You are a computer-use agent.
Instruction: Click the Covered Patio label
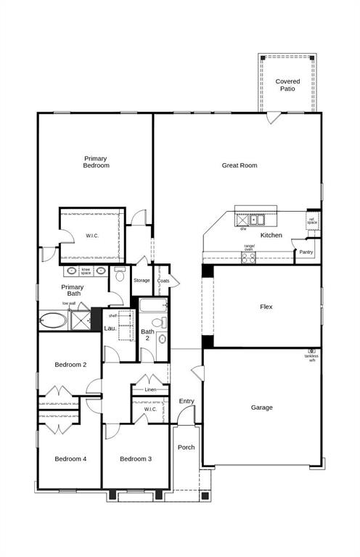pyautogui.click(x=288, y=86)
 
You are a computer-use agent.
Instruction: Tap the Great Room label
pyautogui.click(x=239, y=165)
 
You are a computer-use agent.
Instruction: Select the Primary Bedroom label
pyautogui.click(x=96, y=162)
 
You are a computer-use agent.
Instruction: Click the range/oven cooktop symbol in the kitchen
pyautogui.click(x=249, y=256)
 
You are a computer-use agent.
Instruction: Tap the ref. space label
pyautogui.click(x=312, y=221)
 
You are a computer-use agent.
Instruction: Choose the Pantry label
pyautogui.click(x=306, y=252)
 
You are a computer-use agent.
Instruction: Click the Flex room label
pyautogui.click(x=266, y=307)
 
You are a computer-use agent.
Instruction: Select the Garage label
pyautogui.click(x=261, y=408)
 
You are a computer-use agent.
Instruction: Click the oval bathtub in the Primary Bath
pyautogui.click(x=54, y=320)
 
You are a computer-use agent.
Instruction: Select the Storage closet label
pyautogui.click(x=142, y=280)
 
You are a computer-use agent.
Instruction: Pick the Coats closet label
pyautogui.click(x=163, y=281)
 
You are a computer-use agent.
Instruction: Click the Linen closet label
pyautogui.click(x=150, y=390)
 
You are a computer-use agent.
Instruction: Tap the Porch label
pyautogui.click(x=186, y=447)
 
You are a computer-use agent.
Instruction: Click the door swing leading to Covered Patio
pyautogui.click(x=272, y=117)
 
